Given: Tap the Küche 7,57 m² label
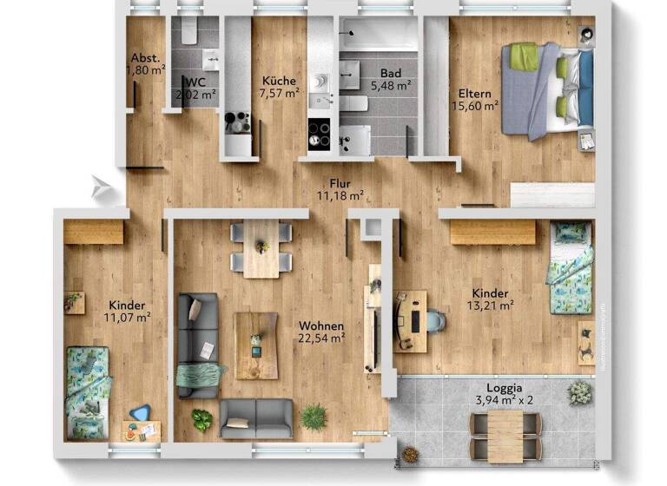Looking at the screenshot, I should (x=280, y=88).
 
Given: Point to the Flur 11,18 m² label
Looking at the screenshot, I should (x=340, y=189).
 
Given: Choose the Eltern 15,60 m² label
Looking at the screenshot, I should (x=474, y=99).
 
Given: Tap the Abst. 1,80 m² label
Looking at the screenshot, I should (x=145, y=64).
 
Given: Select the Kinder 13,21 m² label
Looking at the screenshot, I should (x=491, y=299).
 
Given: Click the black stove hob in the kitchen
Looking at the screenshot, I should (x=319, y=133).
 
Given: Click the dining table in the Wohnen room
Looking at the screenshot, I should (x=261, y=247).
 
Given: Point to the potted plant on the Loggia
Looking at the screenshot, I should (x=579, y=393).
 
